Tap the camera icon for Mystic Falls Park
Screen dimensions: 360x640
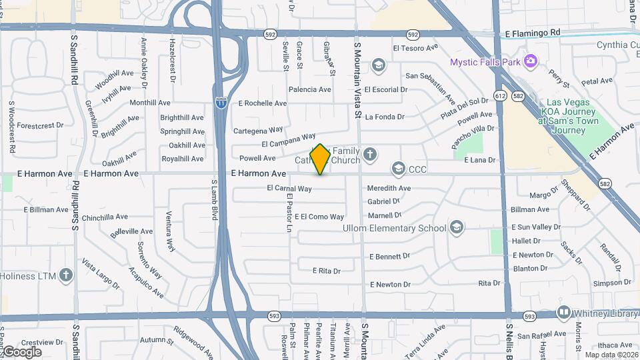[x=531, y=61]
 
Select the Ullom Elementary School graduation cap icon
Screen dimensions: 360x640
[x=457, y=228]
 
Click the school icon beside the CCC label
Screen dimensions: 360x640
[x=399, y=169]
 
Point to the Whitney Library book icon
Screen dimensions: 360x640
[x=564, y=313]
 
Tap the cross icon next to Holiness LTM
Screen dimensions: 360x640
[x=65, y=275]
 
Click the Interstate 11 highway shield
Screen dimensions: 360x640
[x=221, y=103]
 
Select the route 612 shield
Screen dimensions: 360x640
[x=500, y=96]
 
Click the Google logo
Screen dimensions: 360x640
[x=21, y=352]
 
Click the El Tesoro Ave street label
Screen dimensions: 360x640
[x=415, y=48]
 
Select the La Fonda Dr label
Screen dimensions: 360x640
[x=385, y=117]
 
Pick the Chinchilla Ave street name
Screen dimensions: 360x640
[x=105, y=217]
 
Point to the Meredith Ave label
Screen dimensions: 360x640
[x=389, y=189]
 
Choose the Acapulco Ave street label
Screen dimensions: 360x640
[x=146, y=282]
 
